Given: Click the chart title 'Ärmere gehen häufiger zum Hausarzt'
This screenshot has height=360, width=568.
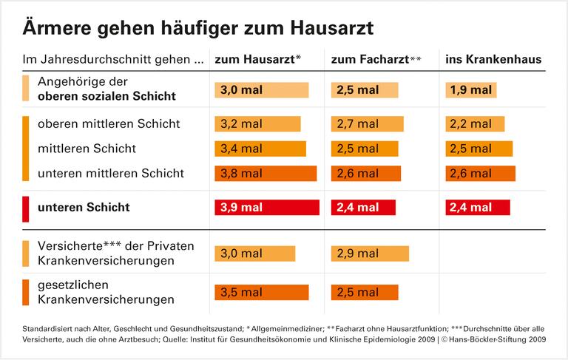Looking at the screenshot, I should click(x=197, y=28).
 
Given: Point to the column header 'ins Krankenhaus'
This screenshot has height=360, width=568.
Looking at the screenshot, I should click(x=493, y=59).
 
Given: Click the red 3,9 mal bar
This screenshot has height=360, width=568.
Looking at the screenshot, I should click(x=267, y=208).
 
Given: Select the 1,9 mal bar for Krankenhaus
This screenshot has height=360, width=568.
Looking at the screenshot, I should click(x=471, y=90).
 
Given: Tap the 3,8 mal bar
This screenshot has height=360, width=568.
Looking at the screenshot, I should click(x=266, y=174).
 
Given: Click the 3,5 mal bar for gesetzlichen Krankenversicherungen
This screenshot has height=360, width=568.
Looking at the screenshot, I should click(x=262, y=293).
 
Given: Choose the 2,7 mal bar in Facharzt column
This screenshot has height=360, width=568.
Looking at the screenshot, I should click(x=368, y=124).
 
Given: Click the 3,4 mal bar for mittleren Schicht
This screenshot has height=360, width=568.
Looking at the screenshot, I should click(x=260, y=149).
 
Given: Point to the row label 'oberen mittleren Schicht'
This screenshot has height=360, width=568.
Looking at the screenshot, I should click(x=109, y=124).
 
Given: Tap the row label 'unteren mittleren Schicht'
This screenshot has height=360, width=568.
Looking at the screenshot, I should click(x=111, y=174).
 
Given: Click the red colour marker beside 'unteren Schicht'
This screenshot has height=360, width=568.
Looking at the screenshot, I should click(x=26, y=208).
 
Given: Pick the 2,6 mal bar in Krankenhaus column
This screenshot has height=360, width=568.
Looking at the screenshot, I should click(x=480, y=174).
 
